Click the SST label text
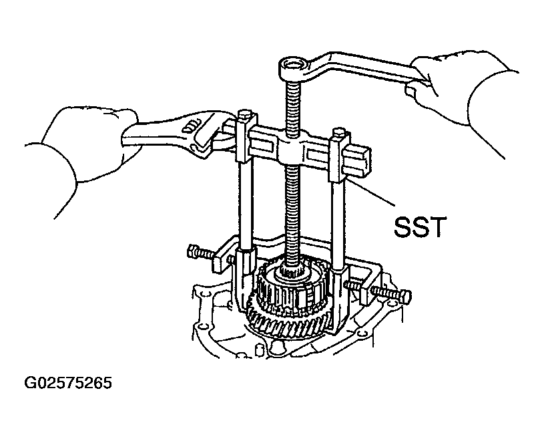(x=419, y=227)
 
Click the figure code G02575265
(x=68, y=383)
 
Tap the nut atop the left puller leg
(x=244, y=115)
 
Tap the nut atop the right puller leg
(x=338, y=134)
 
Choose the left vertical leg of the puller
(x=246, y=205)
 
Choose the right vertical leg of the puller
(x=338, y=225)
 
